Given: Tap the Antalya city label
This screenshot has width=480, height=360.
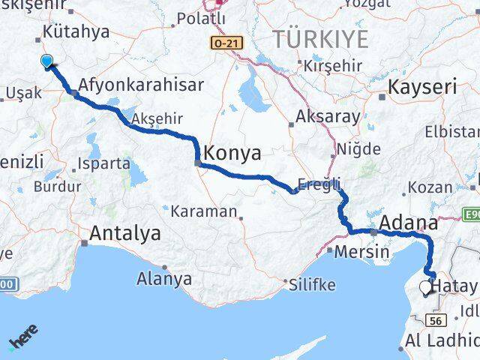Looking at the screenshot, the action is [x=124, y=233].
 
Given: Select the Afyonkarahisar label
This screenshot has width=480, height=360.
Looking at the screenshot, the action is [x=140, y=85].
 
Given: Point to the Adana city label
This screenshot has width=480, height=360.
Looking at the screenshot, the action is [x=409, y=222].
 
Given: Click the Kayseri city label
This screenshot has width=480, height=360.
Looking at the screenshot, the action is [x=422, y=87].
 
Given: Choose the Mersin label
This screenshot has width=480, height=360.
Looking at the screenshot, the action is [x=362, y=251].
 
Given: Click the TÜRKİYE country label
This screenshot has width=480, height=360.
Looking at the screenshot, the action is [x=320, y=39].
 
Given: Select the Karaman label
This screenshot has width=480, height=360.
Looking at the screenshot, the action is [x=203, y=211].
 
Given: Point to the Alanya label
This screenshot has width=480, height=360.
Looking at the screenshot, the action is [x=164, y=279].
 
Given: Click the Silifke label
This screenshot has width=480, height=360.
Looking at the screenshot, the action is [x=311, y=284].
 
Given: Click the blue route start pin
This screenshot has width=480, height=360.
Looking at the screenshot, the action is [x=47, y=62].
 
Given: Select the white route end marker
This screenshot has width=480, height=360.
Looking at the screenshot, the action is [x=426, y=286].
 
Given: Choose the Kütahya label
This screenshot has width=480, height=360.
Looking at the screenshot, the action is [x=76, y=31].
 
